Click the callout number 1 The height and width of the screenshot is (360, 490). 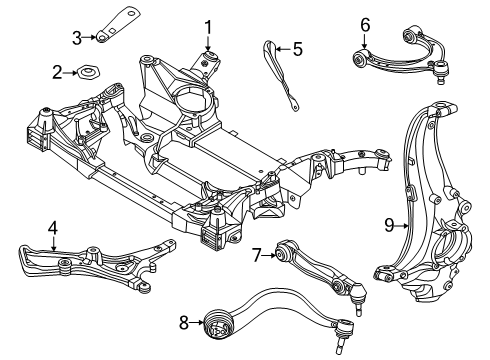(x=209, y=26)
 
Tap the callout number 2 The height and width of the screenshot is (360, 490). (x=58, y=71)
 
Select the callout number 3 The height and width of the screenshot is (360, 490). (x=76, y=38)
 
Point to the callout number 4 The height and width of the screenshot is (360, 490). (x=52, y=230)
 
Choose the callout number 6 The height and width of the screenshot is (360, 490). (x=365, y=24)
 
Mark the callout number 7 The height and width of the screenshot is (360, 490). (x=256, y=256)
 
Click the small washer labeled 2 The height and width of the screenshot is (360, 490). (x=88, y=72)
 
